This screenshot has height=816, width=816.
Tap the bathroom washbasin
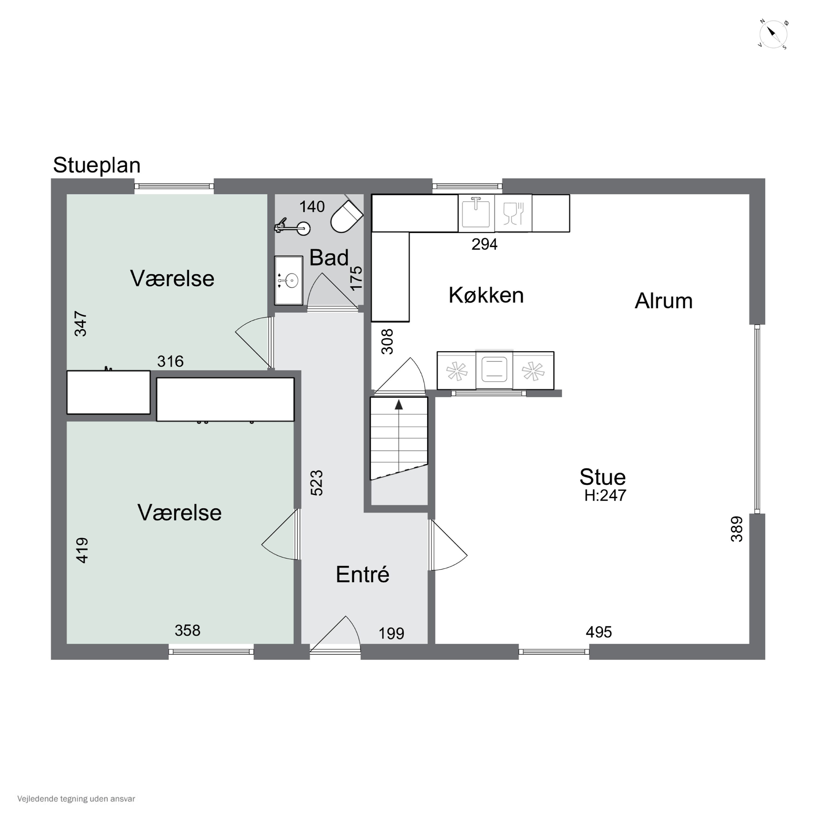coord(289,280)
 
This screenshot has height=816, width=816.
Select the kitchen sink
coord(476,213)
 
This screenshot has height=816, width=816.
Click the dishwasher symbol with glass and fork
coord(513,213)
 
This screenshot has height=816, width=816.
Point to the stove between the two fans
coord(494,370)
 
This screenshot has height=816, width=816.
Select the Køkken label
coord(486,295)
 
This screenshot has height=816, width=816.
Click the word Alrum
coord(663,301)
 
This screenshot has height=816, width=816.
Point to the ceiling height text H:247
coord(605,495)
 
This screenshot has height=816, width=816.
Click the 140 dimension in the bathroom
coord(312,206)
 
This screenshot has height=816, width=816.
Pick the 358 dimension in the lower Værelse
coord(187,630)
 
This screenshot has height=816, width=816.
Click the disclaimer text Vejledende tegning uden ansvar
coord(76,799)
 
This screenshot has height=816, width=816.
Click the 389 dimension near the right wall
coord(737,529)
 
